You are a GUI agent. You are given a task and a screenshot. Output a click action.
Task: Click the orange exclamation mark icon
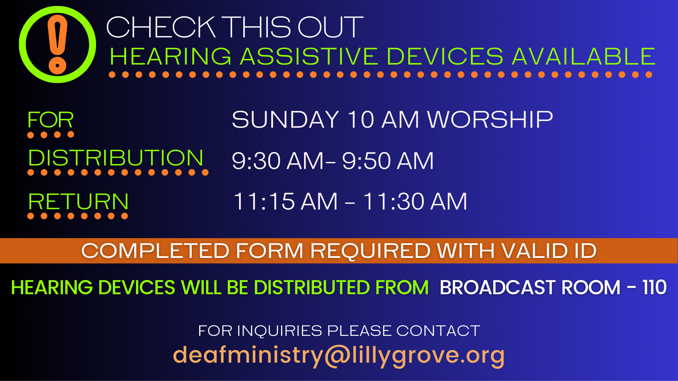(x=58, y=44)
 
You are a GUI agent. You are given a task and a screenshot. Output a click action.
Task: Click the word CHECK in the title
(x=161, y=27)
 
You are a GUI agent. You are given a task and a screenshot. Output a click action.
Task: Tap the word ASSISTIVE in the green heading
(x=309, y=56)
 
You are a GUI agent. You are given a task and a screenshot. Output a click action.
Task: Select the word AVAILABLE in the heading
(x=583, y=56)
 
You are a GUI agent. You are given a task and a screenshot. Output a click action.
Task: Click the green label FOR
(x=50, y=120)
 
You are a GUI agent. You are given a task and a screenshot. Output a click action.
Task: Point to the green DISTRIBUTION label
(x=116, y=158)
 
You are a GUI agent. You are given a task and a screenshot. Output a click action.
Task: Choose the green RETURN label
(x=78, y=201)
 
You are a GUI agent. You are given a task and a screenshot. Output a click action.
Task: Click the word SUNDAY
(x=285, y=120)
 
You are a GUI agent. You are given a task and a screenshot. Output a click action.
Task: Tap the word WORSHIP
(x=490, y=120)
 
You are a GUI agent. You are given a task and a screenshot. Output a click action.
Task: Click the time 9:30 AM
(x=278, y=161)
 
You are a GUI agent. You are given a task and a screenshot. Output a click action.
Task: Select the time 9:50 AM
(x=388, y=161)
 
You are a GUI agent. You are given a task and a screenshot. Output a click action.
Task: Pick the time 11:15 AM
(x=285, y=201)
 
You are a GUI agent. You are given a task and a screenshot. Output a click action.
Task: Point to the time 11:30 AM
(x=415, y=201)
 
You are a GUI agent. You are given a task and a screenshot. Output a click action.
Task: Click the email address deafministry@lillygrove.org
(x=339, y=356)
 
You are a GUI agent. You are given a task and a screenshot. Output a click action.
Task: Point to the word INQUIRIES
(x=280, y=331)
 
